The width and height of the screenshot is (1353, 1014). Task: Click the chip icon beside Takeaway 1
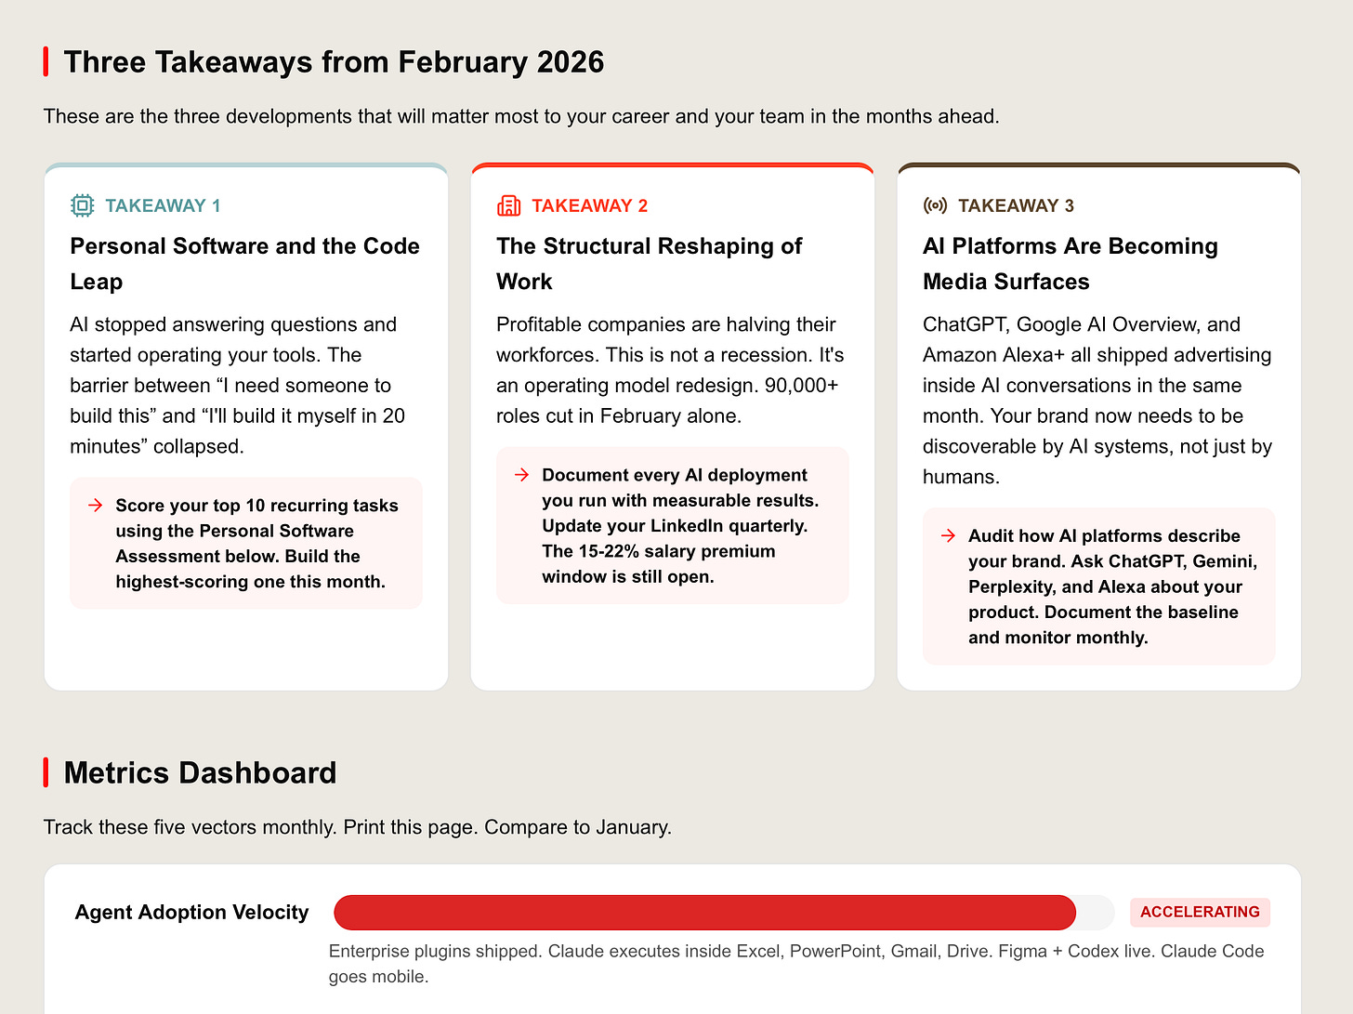click(83, 205)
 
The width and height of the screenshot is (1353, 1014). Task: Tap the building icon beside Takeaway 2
click(508, 205)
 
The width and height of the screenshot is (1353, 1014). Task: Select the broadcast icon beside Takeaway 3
click(935, 205)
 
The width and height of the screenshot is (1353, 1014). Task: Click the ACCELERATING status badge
click(1200, 912)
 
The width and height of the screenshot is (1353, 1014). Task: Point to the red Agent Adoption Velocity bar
click(704, 913)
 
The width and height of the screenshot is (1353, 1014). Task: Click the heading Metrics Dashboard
click(200, 772)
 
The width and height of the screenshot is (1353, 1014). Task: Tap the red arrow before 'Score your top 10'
click(95, 506)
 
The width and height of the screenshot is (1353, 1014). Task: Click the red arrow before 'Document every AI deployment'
click(521, 475)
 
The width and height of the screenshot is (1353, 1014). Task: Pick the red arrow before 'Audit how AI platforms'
click(948, 536)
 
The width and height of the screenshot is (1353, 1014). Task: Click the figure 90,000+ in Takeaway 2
click(801, 386)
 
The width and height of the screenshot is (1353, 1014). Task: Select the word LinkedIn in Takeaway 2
click(686, 526)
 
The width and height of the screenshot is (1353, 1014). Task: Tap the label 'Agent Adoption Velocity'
click(191, 913)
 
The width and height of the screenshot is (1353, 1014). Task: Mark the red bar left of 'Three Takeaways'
click(46, 62)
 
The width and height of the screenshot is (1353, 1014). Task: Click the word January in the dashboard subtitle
click(630, 827)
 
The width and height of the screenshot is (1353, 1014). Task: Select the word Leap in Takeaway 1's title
click(97, 282)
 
